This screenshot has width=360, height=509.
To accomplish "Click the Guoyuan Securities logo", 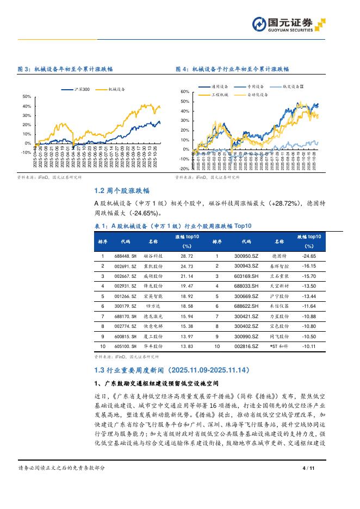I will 289,23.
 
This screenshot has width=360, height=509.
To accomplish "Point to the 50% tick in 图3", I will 27,97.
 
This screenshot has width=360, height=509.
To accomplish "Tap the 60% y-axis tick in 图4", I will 185,92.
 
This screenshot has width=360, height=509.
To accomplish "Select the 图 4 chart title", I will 232,70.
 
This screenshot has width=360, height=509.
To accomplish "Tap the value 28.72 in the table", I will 187,255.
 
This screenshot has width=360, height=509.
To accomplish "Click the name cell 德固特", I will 280,255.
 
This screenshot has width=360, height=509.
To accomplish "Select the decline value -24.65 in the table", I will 309,255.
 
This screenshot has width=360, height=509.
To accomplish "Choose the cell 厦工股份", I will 153,336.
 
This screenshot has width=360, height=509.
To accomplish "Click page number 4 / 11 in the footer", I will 308,468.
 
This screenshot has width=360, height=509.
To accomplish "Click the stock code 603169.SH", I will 246,275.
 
